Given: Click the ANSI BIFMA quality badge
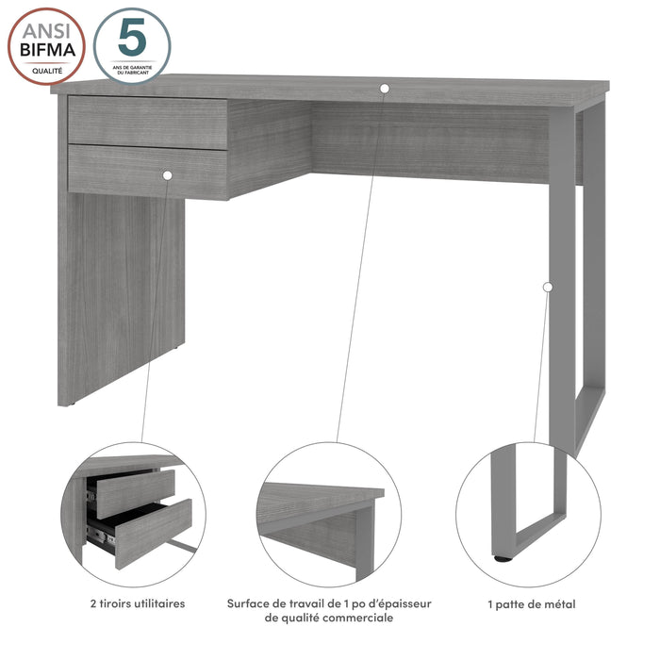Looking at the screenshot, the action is click(47, 46).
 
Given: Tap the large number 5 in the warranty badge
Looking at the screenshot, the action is click(132, 37).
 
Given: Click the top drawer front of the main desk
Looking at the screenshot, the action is click(148, 123).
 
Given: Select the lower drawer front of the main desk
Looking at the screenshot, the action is click(148, 173).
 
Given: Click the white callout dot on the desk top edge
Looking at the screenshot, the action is click(385, 89).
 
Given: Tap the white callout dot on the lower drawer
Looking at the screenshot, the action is click(167, 175).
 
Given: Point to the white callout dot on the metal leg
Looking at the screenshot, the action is click(548, 287).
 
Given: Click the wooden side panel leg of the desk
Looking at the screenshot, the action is click(122, 294).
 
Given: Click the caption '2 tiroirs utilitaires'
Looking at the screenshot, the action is click(138, 603).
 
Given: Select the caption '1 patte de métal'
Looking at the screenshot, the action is click(532, 604).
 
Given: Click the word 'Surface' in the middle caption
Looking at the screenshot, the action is click(248, 603).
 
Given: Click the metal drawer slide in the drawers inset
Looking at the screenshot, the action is click(101, 537).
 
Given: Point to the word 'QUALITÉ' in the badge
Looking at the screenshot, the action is click(47, 71).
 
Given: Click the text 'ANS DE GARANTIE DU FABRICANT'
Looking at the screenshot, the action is click(132, 70).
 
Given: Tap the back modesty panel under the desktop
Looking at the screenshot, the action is click(430, 142).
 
